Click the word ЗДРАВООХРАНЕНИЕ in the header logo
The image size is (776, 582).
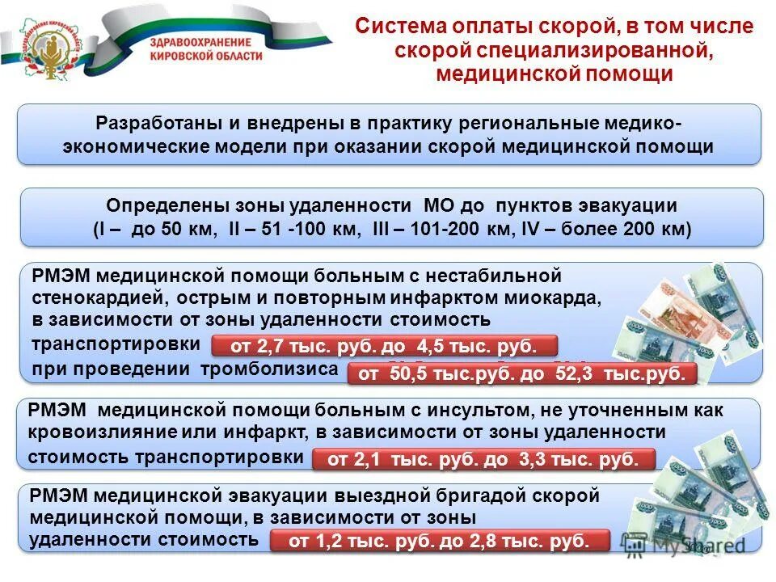200,42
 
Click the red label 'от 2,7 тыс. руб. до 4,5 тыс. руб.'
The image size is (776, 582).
384,347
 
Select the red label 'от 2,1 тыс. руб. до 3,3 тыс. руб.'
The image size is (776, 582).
483,460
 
